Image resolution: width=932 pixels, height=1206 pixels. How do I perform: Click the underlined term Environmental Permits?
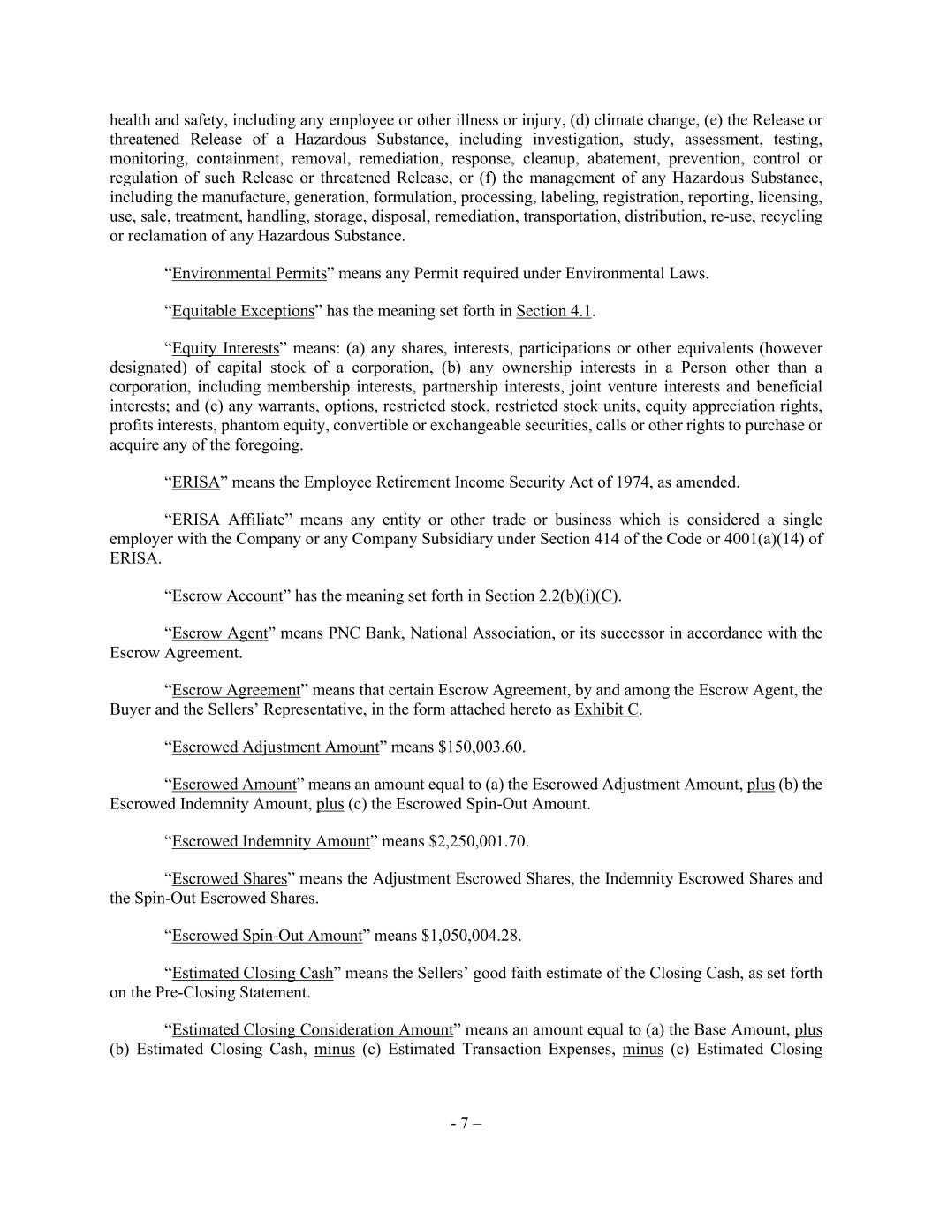249,273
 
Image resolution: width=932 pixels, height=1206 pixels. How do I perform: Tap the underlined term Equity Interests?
225,348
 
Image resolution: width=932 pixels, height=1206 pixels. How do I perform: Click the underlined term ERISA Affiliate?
228,520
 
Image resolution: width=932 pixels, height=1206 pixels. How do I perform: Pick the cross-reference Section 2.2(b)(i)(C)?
551,596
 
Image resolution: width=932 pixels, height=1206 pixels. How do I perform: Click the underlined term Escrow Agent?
219,633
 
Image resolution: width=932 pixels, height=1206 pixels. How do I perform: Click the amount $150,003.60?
481,747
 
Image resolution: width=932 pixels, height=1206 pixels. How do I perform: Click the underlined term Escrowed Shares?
230,879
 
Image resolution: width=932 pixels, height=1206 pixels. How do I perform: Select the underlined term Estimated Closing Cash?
253,974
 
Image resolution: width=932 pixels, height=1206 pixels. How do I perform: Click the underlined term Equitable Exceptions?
243,311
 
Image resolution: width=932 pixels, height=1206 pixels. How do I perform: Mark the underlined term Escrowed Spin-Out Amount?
267,936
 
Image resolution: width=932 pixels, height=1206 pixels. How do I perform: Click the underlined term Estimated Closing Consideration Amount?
312,1030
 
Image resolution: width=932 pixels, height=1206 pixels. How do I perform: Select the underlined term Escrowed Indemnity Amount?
270,841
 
